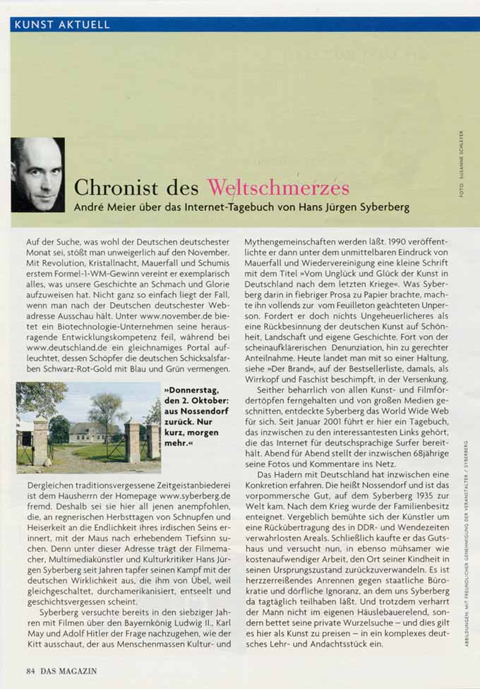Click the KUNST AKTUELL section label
point(62,25)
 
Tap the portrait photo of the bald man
point(37,175)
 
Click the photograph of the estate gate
point(88,428)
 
